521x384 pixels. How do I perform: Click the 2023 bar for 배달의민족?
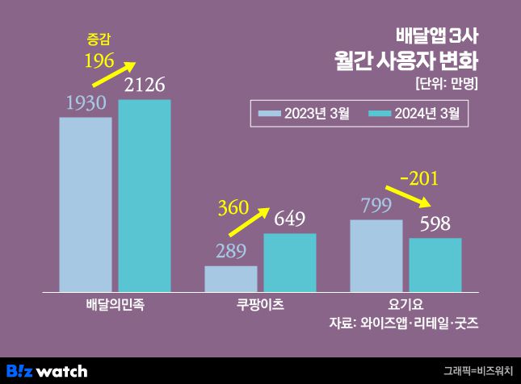tap(86, 204)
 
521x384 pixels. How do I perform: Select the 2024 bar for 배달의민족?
tap(145, 195)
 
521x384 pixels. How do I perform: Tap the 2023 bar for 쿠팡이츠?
tap(231, 278)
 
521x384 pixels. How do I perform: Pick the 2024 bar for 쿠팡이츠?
tap(290, 262)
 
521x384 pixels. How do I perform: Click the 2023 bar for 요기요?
tap(376, 255)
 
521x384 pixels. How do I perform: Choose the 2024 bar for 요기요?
tap(435, 265)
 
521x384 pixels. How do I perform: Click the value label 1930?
tap(86, 103)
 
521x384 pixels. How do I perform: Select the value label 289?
tap(231, 251)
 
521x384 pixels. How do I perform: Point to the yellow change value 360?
tap(233, 208)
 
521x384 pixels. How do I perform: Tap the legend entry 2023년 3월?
tap(304, 114)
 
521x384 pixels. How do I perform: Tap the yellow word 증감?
tap(98, 38)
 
